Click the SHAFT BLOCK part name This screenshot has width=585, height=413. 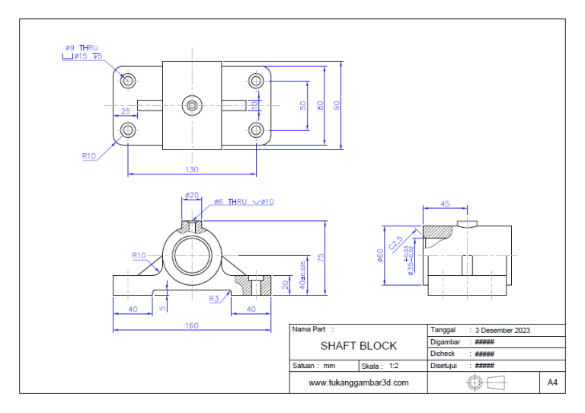[358, 346]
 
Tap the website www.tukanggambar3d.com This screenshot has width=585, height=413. [358, 383]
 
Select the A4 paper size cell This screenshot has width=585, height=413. [552, 383]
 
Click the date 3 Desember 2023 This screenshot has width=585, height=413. [502, 331]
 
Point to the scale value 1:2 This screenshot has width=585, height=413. [394, 366]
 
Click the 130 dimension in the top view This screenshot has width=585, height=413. [192, 169]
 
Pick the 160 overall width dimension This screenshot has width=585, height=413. [191, 325]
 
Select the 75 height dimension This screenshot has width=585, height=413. [321, 257]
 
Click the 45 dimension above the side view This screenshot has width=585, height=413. [444, 203]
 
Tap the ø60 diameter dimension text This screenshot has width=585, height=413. [381, 256]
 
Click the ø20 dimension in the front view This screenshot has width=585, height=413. [192, 195]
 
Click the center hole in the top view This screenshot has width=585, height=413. [192, 105]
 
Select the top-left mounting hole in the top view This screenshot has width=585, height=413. [128, 80]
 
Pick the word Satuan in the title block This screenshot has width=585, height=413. [305, 366]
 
